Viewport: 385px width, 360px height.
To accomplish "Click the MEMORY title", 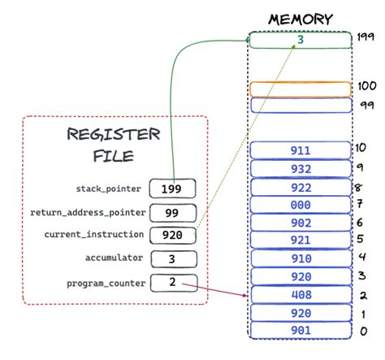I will [301, 17].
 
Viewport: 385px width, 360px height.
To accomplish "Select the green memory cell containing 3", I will [300, 38].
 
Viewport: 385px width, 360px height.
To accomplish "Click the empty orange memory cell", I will [300, 88].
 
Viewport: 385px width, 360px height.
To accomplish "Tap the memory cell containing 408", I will [300, 295].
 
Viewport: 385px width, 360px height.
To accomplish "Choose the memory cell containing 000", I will [300, 204].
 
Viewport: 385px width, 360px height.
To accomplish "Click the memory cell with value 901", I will [300, 331].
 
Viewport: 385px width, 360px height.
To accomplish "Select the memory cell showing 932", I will [300, 168].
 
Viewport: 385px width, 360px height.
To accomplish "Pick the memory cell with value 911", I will [300, 150].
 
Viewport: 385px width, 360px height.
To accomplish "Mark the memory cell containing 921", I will [300, 241].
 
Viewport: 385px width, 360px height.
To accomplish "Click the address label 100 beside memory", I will [366, 86].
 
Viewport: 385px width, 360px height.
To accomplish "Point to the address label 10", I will [361, 147].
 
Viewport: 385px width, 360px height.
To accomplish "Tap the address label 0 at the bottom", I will [362, 332].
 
